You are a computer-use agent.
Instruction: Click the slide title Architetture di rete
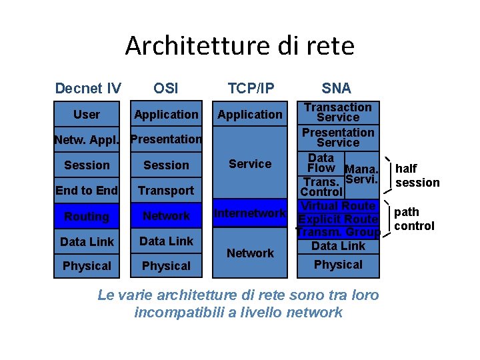coord(239,46)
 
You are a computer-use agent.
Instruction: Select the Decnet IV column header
coord(88,88)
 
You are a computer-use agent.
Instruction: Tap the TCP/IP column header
coord(251,88)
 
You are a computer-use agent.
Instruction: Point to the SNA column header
coord(336,88)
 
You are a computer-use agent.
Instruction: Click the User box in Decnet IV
coord(87,115)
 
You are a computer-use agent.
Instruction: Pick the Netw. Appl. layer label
coord(87,140)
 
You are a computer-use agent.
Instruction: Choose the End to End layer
coord(87,191)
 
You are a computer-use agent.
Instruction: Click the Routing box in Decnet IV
coord(87,216)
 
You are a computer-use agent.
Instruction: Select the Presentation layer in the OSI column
coord(166,139)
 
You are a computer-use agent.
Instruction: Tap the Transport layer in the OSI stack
coord(166,191)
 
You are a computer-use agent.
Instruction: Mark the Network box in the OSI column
coord(166,216)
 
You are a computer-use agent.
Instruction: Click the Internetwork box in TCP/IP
coord(250,213)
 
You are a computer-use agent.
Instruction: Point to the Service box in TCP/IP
coord(250,163)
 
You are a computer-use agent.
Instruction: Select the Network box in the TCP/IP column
coord(250,253)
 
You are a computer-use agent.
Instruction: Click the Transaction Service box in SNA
coord(338,112)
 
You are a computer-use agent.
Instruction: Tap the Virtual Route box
coord(338,206)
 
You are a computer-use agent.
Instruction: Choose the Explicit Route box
coord(338,219)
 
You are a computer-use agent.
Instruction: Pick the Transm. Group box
coord(338,233)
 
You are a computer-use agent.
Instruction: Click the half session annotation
coord(417,176)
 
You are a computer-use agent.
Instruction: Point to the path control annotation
coord(414,219)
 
